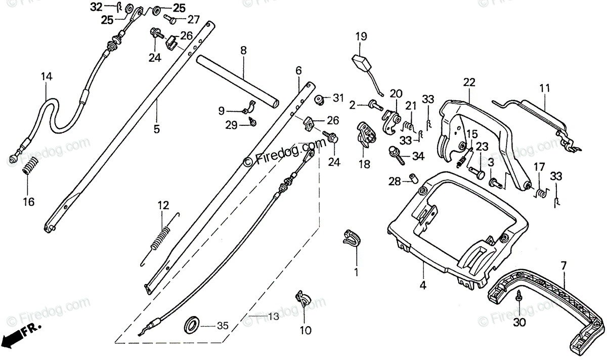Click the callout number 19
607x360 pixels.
click(361, 36)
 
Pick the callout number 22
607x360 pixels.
click(469, 82)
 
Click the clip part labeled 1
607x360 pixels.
click(353, 238)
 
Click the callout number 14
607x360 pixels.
click(47, 77)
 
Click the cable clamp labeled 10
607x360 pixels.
click(303, 299)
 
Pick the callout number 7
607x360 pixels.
click(562, 264)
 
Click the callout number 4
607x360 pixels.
click(423, 285)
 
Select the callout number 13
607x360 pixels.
click(273, 318)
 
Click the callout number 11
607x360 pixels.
click(544, 88)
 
